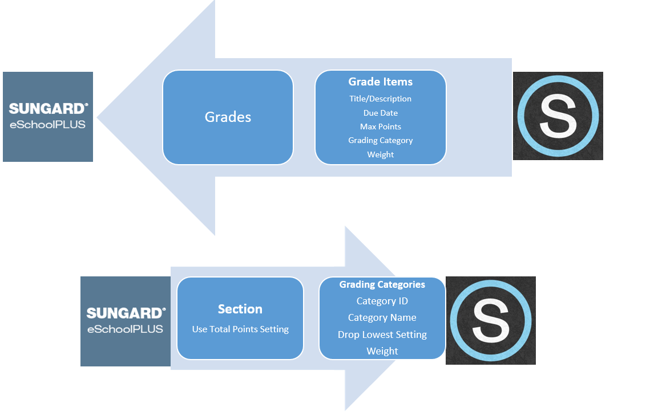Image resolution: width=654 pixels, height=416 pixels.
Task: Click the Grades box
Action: [228, 117]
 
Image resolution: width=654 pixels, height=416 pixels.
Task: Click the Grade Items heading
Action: [381, 82]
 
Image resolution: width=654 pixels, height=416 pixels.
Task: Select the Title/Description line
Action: [381, 99]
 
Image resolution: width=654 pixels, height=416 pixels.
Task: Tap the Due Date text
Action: [381, 113]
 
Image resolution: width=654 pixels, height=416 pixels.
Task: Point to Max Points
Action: [381, 127]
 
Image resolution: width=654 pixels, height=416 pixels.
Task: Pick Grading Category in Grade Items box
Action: [381, 140]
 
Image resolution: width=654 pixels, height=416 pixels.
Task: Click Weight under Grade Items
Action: [381, 154]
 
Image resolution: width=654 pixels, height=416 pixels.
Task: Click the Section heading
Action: [240, 309]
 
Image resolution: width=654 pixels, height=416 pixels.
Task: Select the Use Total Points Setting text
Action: [240, 329]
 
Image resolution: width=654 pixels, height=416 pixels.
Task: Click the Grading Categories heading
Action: [382, 284]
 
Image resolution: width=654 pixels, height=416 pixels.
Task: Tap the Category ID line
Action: [382, 301]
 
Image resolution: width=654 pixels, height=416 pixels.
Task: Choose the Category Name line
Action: [382, 317]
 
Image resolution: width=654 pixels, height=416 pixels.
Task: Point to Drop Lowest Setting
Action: [382, 335]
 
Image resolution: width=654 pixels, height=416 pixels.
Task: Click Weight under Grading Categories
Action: [382, 351]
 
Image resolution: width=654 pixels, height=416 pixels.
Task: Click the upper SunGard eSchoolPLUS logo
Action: [48, 117]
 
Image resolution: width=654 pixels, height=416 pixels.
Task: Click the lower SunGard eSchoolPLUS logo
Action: [126, 321]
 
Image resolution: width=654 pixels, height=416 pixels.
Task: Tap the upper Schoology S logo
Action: [558, 116]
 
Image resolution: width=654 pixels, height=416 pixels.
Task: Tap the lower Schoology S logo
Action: [491, 320]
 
